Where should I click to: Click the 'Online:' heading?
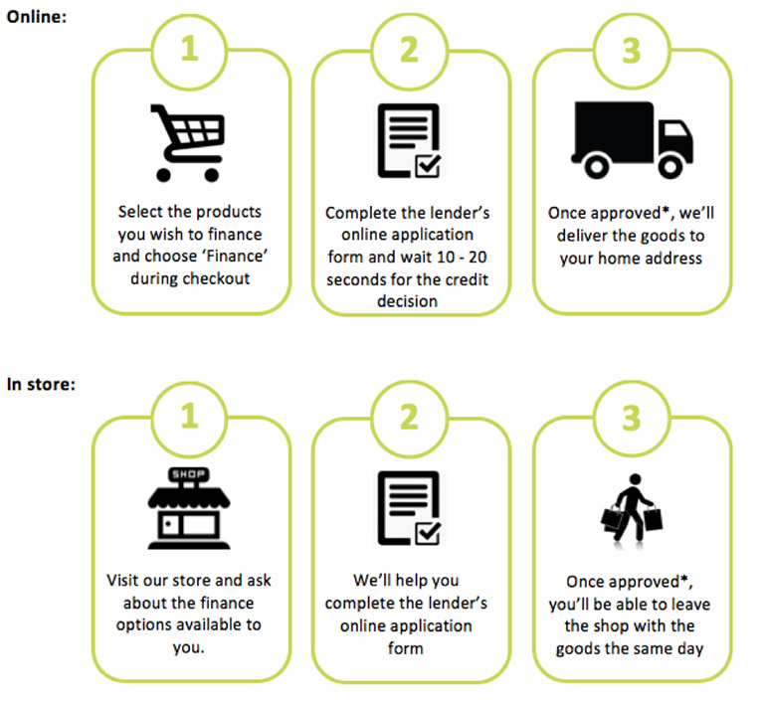coord(38,16)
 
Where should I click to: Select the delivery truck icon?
coord(631,139)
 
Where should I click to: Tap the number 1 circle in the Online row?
coord(189,49)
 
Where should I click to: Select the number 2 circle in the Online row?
coord(410,49)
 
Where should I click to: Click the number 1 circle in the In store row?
coord(189,417)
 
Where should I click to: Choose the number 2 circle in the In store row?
coord(410,417)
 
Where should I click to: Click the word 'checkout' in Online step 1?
coord(217,277)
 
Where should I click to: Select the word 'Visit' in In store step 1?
coord(125,579)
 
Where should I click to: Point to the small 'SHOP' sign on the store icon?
coord(189,474)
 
